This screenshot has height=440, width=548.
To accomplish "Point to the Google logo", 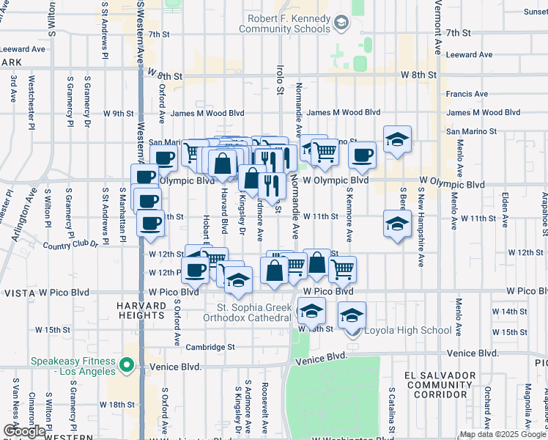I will (x=24, y=430).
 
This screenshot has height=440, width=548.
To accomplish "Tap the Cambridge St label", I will (x=210, y=347).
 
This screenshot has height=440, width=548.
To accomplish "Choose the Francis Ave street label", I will (x=467, y=94).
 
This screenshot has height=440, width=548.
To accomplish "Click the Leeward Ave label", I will (x=469, y=54).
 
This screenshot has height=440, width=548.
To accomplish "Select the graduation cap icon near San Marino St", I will (x=397, y=139).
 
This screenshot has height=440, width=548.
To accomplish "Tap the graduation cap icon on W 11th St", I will (x=396, y=223).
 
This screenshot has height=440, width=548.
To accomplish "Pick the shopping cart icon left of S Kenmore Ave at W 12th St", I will (x=342, y=269).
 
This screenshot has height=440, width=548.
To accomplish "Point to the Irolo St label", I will (x=279, y=80).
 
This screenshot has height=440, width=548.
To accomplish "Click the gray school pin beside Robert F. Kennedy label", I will (x=341, y=23).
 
